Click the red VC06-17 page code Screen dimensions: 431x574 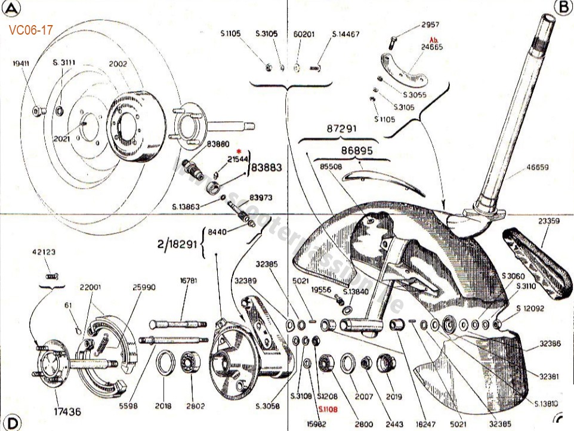[x=30, y=30]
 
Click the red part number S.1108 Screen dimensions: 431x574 [x=328, y=409]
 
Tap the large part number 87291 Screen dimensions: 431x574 [x=342, y=129]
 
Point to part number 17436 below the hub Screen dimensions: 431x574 [x=67, y=411]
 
